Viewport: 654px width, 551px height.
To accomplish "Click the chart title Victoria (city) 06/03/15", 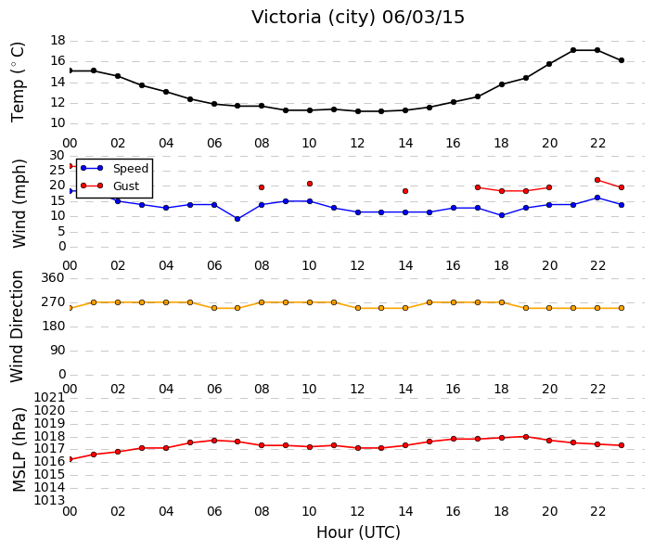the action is (x=357, y=17).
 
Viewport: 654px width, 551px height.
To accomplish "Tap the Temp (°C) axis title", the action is (x=18, y=83).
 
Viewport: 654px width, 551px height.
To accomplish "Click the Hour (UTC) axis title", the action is (x=358, y=532).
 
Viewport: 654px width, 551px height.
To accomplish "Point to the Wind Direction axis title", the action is (x=17, y=327).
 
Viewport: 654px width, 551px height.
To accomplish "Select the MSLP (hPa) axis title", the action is (x=19, y=449).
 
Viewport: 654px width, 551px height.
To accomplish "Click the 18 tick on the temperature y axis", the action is (x=58, y=41).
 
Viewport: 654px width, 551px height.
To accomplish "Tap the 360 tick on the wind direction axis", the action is (x=53, y=277).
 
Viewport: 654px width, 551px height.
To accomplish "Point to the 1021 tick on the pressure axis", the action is (x=50, y=397).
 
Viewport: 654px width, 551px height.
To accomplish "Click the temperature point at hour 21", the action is (x=573, y=50).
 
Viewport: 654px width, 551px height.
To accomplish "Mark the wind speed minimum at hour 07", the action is (x=237, y=219).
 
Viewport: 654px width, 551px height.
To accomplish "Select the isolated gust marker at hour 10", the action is (x=310, y=184).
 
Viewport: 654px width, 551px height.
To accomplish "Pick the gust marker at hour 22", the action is (x=597, y=180).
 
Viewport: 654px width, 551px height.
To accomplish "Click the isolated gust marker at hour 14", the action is (x=405, y=191).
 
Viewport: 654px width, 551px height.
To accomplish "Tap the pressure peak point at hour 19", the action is (x=526, y=437).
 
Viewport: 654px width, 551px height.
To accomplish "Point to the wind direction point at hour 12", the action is (x=358, y=308).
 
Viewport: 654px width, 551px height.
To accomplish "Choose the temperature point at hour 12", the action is (x=358, y=111).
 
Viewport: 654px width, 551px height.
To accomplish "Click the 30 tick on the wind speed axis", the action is (x=58, y=156).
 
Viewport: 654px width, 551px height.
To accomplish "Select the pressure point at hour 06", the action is (x=214, y=441).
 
